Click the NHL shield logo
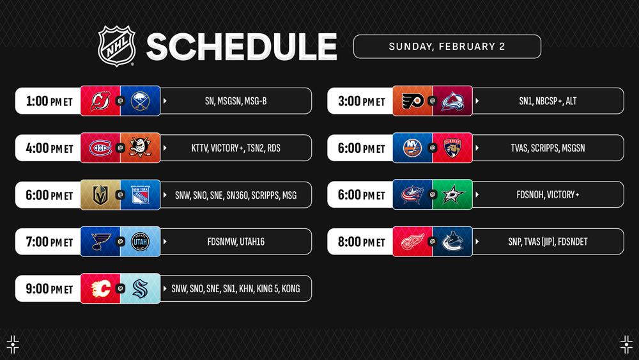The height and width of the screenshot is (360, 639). point(116,46)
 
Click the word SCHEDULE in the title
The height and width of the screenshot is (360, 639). point(242,47)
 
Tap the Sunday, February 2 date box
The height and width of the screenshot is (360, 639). point(447,47)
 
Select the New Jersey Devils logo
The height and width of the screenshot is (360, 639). point(100,100)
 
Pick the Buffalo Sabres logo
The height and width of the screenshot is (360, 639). point(140,100)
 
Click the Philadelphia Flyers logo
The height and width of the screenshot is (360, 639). point(412,100)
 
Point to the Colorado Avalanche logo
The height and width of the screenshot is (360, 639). point(452,100)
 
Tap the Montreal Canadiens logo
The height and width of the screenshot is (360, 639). point(100,148)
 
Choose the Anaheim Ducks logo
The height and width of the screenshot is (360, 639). point(140,148)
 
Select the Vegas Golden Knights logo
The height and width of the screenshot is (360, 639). point(100,195)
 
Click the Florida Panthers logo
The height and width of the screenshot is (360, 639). point(452,148)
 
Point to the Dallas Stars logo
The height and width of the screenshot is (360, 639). point(453,194)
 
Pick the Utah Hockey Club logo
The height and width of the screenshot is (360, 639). point(140,242)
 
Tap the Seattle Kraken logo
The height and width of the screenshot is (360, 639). point(140,288)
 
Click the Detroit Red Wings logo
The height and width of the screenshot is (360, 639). point(412,242)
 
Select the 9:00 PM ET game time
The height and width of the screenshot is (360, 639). point(49,288)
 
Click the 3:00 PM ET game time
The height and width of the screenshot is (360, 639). point(362,100)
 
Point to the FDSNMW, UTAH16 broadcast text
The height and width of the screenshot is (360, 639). point(236,242)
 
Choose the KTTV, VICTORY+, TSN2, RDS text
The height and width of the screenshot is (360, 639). point(236,148)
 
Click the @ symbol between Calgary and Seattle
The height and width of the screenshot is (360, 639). point(120,288)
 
